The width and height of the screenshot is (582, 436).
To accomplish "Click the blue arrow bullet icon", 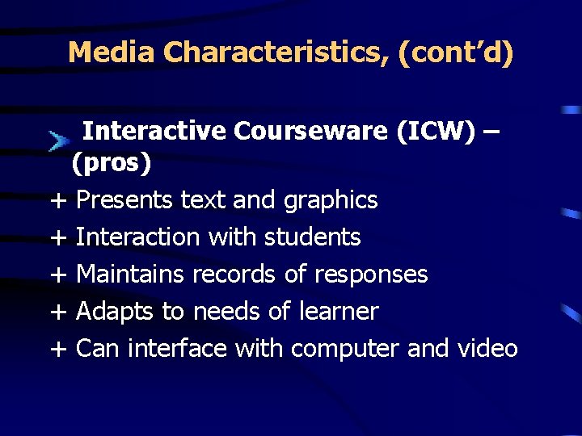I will (x=57, y=142).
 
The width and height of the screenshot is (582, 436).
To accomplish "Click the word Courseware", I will (x=310, y=130).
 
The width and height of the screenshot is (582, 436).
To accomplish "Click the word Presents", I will (x=124, y=199).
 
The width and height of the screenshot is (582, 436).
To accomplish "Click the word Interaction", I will (x=137, y=237).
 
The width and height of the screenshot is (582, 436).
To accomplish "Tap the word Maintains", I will (x=130, y=274).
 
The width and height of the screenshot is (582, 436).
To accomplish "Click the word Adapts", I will (x=111, y=311).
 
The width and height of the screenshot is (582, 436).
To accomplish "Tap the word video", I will (x=487, y=348).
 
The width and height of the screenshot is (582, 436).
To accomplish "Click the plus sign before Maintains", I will (x=57, y=275).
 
